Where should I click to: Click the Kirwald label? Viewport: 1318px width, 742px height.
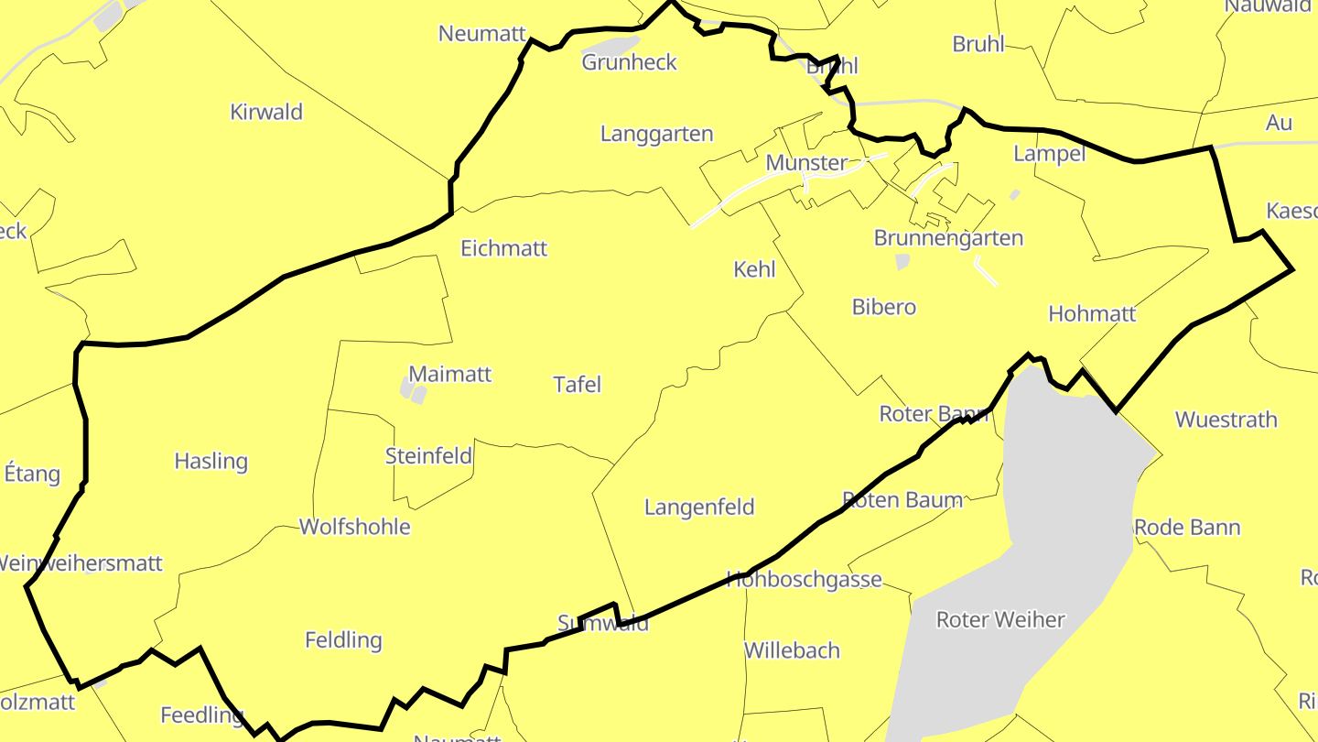266,113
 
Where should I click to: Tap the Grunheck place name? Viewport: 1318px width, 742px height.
630,62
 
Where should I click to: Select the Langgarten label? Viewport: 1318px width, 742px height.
656,134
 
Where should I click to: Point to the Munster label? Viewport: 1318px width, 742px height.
806,163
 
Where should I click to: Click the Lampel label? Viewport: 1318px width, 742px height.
1049,154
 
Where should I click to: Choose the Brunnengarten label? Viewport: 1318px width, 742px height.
948,238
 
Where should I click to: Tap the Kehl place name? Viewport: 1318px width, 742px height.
754,269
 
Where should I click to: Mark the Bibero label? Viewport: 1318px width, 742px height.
883,307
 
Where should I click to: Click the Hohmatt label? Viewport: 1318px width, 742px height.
1092,314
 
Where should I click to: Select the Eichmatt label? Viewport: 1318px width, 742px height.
503,248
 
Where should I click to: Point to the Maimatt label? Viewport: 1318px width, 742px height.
449,374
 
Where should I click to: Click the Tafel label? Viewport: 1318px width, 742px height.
578,385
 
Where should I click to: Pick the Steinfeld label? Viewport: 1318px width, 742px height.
428,455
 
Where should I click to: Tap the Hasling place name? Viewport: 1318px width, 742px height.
211,461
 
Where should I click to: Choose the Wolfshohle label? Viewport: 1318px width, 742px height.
354,527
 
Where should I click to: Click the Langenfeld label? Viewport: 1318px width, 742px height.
699,507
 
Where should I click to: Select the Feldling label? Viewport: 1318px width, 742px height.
343,639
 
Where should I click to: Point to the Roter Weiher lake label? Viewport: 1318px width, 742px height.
1000,620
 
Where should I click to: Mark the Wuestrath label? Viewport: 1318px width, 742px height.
1226,420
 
